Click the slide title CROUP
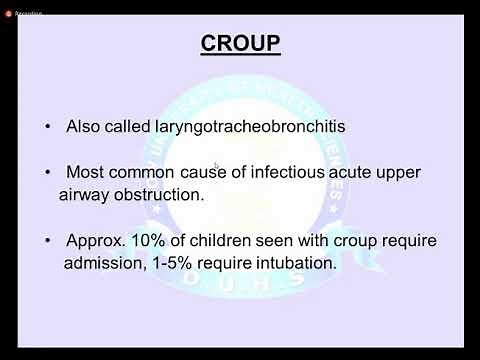[240, 45]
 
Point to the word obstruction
[163, 194]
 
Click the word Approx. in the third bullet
[93, 241]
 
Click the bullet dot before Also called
[48, 128]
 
